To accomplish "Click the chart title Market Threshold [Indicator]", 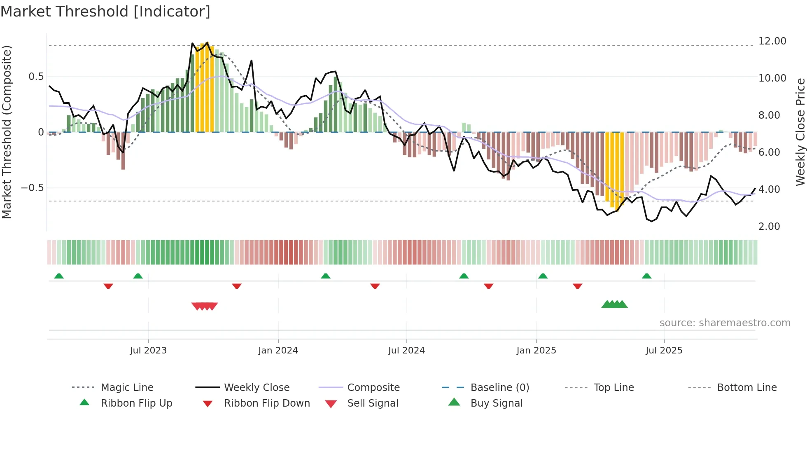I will point(105,12).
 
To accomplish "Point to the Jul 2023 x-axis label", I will point(148,350).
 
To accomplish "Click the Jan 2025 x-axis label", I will point(536,350).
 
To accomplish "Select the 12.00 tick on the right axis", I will point(772,41).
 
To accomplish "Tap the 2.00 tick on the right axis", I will point(769,226).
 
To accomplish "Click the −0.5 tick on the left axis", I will point(32,188).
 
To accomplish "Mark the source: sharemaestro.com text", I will point(725,323).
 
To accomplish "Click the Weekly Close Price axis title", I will point(800,132).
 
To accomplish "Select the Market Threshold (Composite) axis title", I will point(7,132).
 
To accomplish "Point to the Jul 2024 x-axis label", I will point(406,350).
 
